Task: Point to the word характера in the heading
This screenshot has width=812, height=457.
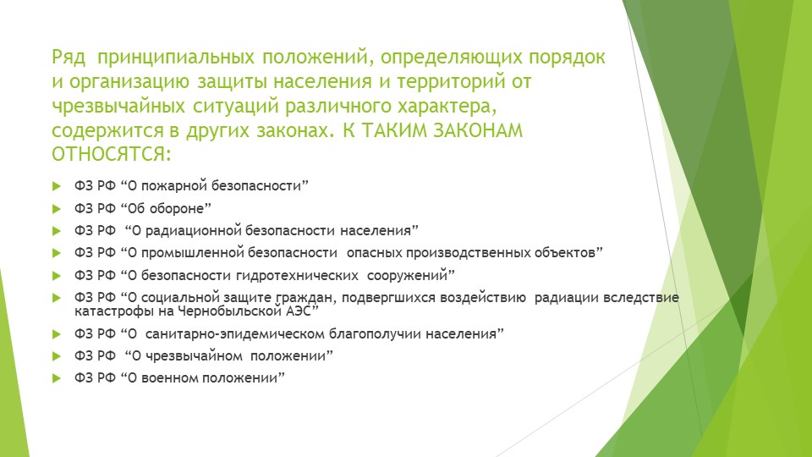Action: (444, 107)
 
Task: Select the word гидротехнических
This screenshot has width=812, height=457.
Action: (297, 276)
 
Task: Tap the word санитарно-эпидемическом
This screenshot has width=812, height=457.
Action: (236, 334)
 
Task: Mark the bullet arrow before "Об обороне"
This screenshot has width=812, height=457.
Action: (57, 209)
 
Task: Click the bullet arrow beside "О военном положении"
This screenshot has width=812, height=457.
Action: (57, 378)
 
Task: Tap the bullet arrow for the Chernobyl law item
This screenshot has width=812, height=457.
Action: (57, 298)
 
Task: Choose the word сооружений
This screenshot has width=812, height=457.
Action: (407, 276)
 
